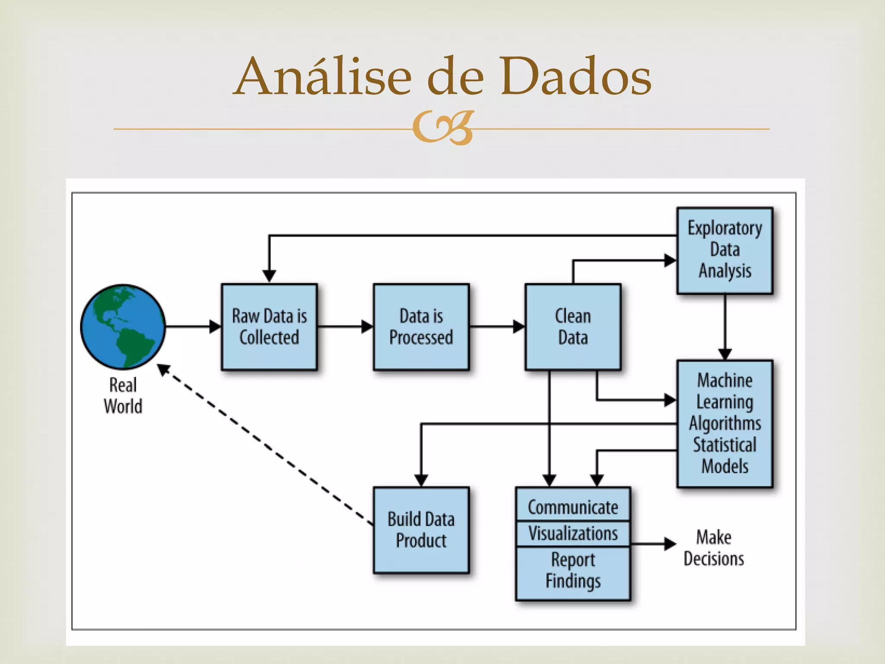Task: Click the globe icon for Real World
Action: click(x=123, y=326)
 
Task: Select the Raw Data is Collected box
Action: click(x=269, y=327)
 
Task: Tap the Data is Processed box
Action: click(x=421, y=327)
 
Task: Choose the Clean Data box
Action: click(x=573, y=327)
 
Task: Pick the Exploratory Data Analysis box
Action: click(x=725, y=250)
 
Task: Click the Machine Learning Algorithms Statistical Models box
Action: click(x=725, y=424)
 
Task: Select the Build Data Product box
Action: click(x=421, y=530)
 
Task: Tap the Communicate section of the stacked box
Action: click(x=573, y=507)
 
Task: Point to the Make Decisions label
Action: click(x=713, y=548)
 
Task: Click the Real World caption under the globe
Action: click(x=123, y=396)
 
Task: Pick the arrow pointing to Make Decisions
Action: click(x=653, y=544)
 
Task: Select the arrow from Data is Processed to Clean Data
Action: click(x=497, y=326)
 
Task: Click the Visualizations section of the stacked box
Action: click(x=573, y=533)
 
